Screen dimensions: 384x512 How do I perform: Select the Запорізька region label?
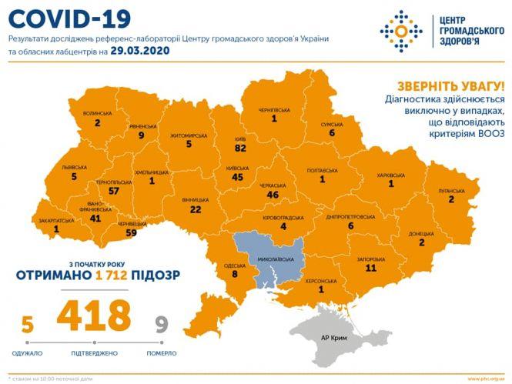pyautogui.click(x=371, y=260)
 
